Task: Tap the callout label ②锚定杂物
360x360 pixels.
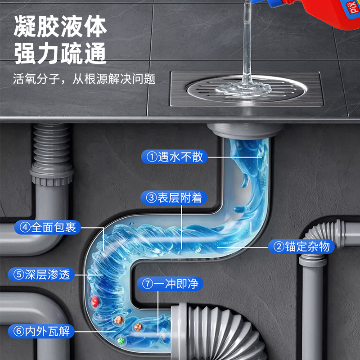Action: click(301, 246)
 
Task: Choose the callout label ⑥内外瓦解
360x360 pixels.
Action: click(41, 332)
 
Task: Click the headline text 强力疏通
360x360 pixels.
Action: click(60, 54)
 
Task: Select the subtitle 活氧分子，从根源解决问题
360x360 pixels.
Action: click(85, 80)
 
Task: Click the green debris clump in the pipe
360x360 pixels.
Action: click(120, 341)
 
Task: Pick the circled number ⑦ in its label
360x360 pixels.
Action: click(148, 284)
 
